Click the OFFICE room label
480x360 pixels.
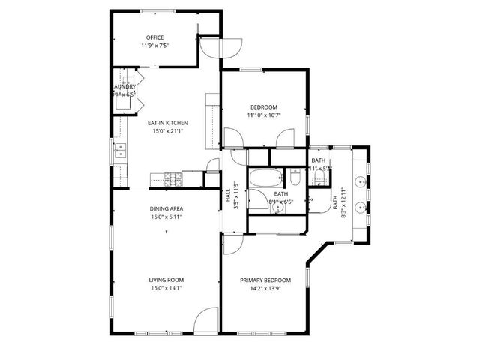click(154, 37)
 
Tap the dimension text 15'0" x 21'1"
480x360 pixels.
click(166, 131)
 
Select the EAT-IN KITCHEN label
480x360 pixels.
click(166, 123)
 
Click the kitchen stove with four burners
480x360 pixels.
click(172, 178)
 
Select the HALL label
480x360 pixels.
click(228, 196)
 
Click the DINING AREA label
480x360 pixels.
click(166, 208)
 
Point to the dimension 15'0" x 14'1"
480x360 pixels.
click(166, 288)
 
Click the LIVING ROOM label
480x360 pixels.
click(166, 280)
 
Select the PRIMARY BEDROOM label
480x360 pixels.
click(265, 280)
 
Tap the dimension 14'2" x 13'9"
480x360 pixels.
click(265, 288)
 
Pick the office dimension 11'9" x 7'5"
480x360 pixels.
click(154, 46)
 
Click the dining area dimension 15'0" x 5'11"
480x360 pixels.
click(166, 217)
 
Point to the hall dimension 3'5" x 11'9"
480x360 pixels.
click(235, 196)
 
